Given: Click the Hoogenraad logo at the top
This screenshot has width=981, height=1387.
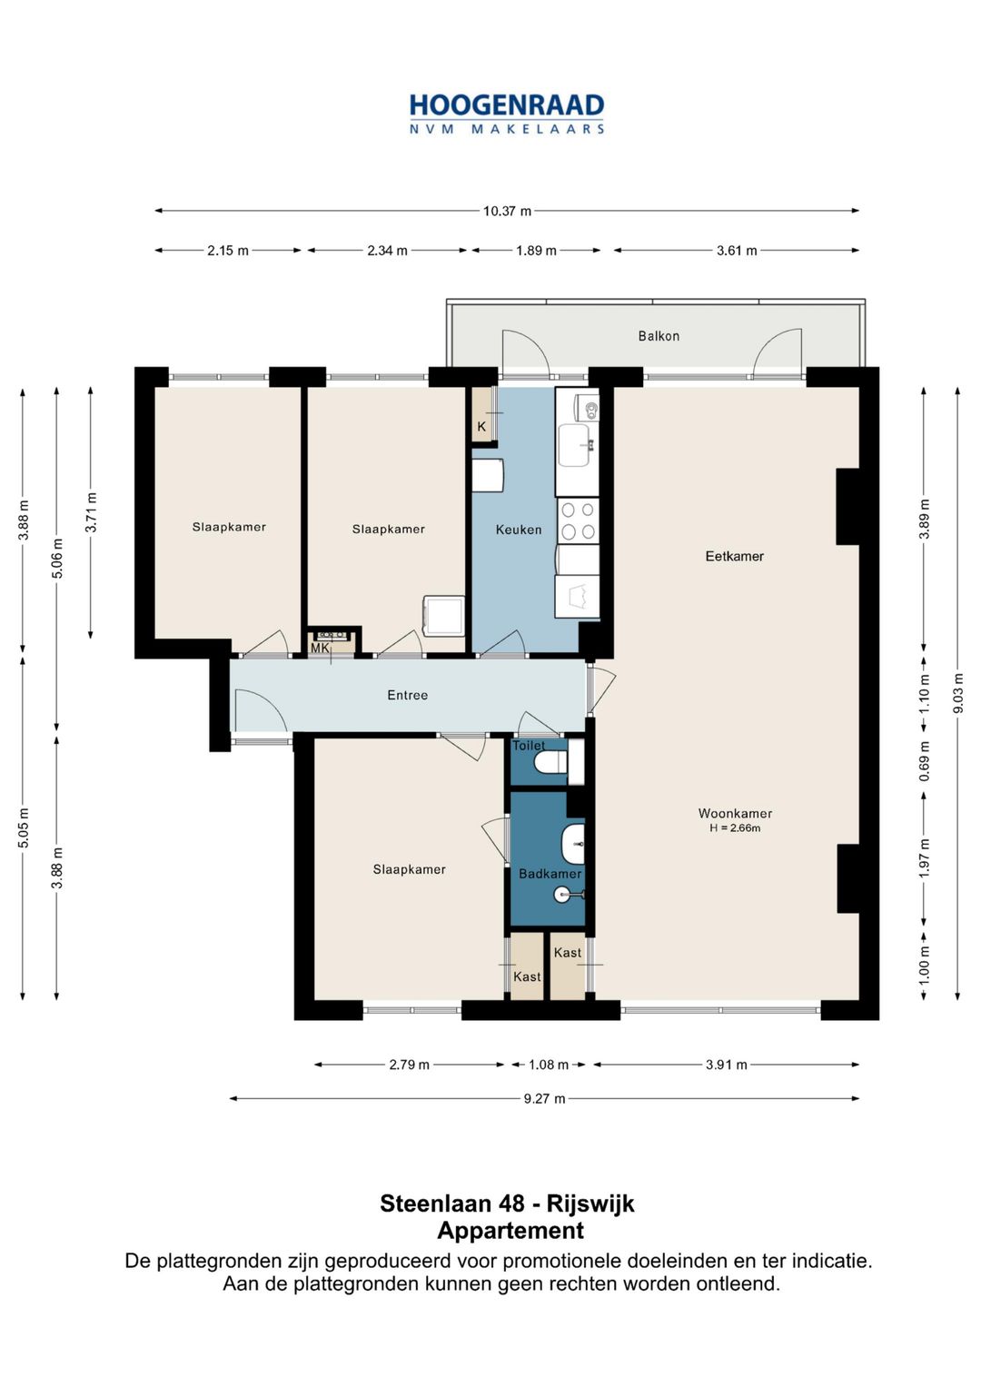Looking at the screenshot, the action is pos(507,114).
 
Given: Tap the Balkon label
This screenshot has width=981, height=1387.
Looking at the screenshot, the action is pos(659,335).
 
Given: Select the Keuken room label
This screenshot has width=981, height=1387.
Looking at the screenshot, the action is pos(519,530).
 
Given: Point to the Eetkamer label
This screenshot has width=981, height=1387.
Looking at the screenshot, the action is pos(735,556).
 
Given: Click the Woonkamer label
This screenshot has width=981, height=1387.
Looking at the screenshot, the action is pos(735,813).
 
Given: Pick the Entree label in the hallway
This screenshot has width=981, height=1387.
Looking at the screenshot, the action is pos(408,695).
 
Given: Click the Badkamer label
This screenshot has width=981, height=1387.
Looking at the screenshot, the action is pos(550,874).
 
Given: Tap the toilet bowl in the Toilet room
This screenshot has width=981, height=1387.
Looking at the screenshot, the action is pos(551,762).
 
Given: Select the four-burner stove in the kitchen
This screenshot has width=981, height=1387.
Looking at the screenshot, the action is pos(578,520).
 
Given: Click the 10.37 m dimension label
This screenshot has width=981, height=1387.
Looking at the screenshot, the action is pos(507,211).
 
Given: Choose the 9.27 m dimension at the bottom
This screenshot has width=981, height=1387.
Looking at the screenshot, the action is pos(544,1098).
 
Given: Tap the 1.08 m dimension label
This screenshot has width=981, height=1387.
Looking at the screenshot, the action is pos(548,1065).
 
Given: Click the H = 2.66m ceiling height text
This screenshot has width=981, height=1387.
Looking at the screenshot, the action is pos(735,827).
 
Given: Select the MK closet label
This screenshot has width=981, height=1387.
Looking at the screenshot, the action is pos(320,648).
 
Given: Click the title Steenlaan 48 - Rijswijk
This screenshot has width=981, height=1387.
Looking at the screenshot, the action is pos(507,1204).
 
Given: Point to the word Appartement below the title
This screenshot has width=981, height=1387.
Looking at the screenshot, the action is pos(510,1230).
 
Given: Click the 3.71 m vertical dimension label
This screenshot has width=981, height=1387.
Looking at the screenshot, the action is pos(91,511).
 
